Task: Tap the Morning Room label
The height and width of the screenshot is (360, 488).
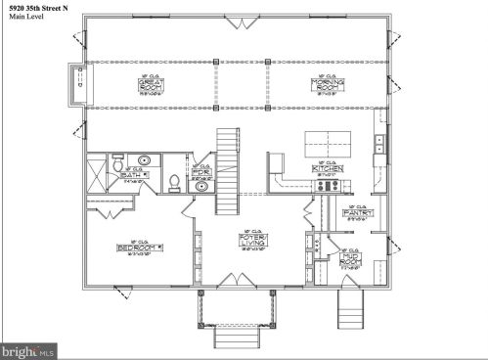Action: pyautogui.click(x=326, y=84)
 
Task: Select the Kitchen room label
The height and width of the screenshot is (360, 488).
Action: pyautogui.click(x=326, y=168)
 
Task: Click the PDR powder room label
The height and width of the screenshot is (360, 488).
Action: pyautogui.click(x=200, y=173)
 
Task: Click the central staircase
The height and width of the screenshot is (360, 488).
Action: pyautogui.click(x=227, y=174)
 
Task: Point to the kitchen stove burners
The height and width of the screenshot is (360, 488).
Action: pyautogui.click(x=378, y=146)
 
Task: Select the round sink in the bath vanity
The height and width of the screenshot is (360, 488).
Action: pyautogui.click(x=143, y=159)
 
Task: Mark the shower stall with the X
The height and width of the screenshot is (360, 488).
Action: pyautogui.click(x=96, y=175)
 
